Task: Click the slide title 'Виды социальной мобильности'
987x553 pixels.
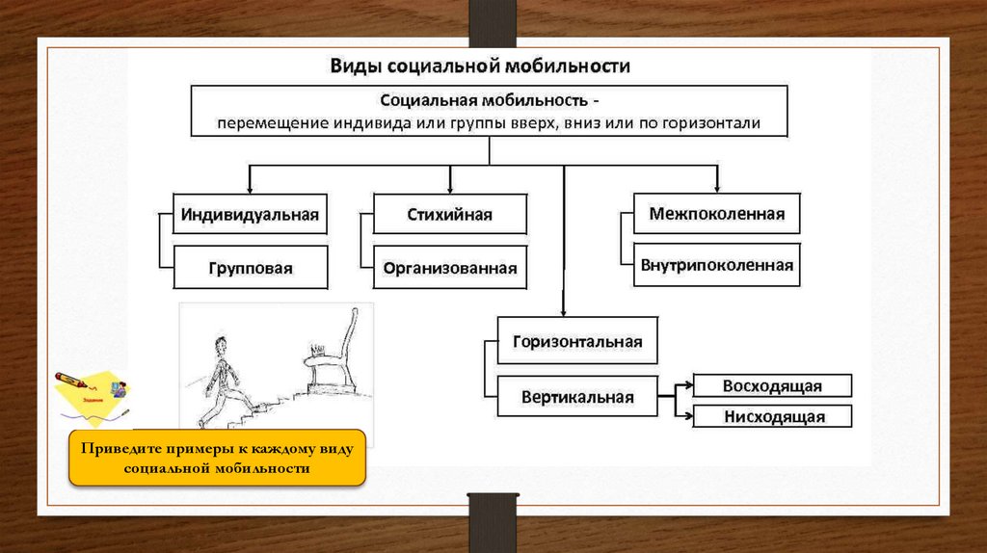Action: pos(480,66)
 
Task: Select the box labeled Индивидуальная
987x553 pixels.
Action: pos(250,214)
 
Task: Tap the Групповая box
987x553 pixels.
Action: pos(250,268)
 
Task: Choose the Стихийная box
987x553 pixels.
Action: pos(449,214)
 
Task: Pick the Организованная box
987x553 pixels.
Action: pos(449,268)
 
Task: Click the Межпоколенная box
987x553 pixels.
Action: pos(715,213)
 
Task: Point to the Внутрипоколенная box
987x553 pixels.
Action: pos(716,265)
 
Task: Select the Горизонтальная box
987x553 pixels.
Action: pos(577,342)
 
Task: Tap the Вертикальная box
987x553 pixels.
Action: pos(577,396)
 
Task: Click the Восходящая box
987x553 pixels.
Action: pos(772,385)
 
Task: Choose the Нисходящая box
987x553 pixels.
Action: pos(772,416)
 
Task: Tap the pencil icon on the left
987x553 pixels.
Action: pos(72,378)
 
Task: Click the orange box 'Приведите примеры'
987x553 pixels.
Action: pos(217,458)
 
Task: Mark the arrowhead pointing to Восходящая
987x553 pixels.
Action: pos(687,386)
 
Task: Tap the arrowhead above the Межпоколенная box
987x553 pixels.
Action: pos(716,187)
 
